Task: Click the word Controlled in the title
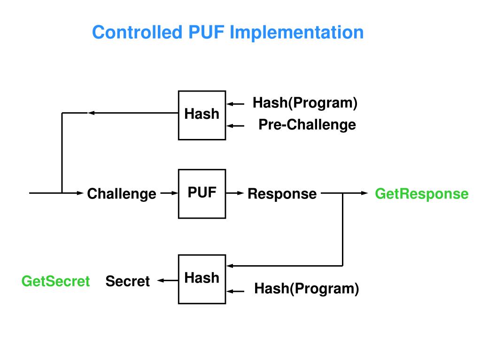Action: [137, 32]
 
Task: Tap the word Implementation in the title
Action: [297, 33]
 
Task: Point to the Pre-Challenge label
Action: [307, 125]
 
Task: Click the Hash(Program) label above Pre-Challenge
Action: [305, 103]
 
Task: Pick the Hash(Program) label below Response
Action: [306, 289]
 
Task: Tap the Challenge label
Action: [122, 194]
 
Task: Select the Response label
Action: [282, 194]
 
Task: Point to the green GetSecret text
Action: [55, 281]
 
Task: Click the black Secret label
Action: [128, 281]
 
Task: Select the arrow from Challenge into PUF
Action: [169, 193]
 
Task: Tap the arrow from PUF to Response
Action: [235, 193]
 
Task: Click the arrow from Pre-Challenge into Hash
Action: [235, 126]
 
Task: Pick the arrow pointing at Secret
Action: [168, 280]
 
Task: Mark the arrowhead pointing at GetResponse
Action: [365, 193]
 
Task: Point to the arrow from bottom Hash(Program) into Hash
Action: [235, 291]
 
